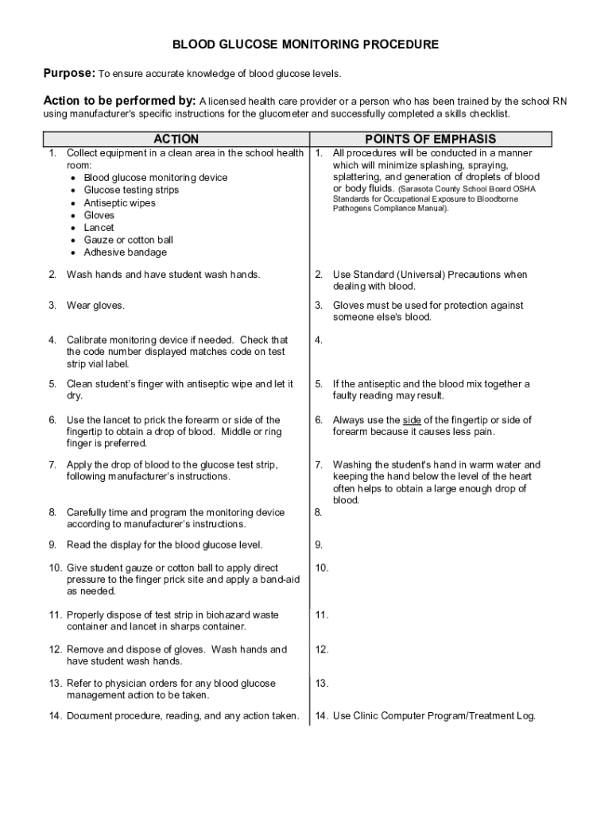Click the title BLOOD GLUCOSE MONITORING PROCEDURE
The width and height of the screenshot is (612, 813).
(x=306, y=44)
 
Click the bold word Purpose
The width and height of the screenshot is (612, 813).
(x=68, y=74)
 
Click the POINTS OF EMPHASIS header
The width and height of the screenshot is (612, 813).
(x=430, y=139)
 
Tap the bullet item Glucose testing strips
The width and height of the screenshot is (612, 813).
(x=131, y=190)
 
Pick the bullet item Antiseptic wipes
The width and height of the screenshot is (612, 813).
(x=120, y=202)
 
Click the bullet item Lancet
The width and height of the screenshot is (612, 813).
(x=99, y=227)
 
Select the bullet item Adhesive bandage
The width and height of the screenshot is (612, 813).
(x=125, y=252)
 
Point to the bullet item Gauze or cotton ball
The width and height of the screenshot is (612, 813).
(x=128, y=240)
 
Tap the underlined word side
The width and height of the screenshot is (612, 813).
(x=412, y=420)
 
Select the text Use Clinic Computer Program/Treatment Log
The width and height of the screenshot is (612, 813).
(x=434, y=715)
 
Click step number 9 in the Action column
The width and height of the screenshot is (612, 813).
(x=52, y=545)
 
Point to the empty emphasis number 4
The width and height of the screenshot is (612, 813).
(x=318, y=341)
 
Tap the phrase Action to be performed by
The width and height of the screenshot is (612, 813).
(x=118, y=102)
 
